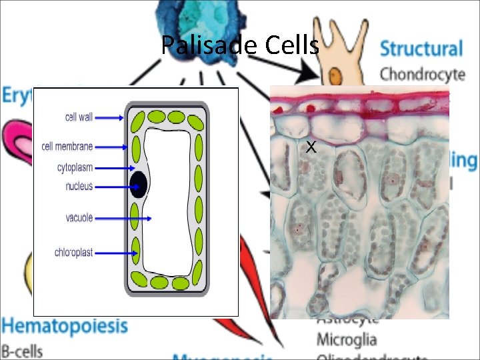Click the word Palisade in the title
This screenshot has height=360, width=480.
pyautogui.click(x=209, y=45)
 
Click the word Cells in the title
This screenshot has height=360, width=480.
pyautogui.click(x=291, y=45)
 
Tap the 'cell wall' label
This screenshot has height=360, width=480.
pyautogui.click(x=79, y=117)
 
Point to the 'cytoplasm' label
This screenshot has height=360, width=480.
pyautogui.click(x=75, y=167)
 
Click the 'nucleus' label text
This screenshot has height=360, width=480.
pyautogui.click(x=79, y=187)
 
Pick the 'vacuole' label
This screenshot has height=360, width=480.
pyautogui.click(x=79, y=217)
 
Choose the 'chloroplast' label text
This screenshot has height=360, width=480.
pyautogui.click(x=73, y=253)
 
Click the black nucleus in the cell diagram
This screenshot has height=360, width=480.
pyautogui.click(x=139, y=184)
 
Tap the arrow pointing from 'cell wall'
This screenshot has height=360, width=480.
pyautogui.click(x=109, y=118)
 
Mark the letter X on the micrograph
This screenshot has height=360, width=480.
pyautogui.click(x=310, y=147)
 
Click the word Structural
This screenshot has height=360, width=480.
pyautogui.click(x=421, y=49)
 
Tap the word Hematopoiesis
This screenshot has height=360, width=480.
pyautogui.click(x=64, y=326)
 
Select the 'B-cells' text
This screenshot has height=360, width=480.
pyautogui.click(x=21, y=349)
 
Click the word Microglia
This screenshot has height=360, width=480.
pyautogui.click(x=346, y=340)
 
